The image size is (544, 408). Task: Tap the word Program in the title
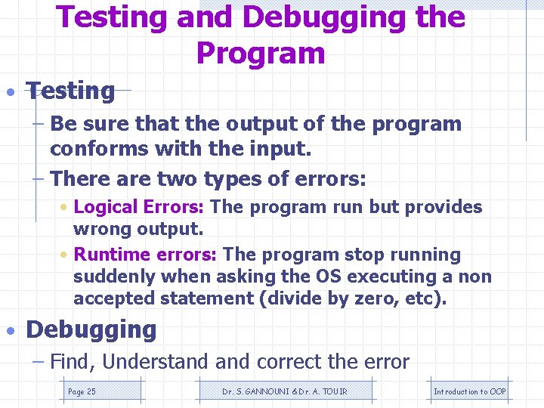pyautogui.click(x=260, y=54)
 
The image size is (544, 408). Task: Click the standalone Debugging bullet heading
pyautogui.click(x=91, y=329)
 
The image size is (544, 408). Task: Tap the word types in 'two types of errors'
pyautogui.click(x=223, y=179)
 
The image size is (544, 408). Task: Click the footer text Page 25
pyautogui.click(x=82, y=391)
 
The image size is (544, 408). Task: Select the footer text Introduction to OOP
pyautogui.click(x=469, y=391)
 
